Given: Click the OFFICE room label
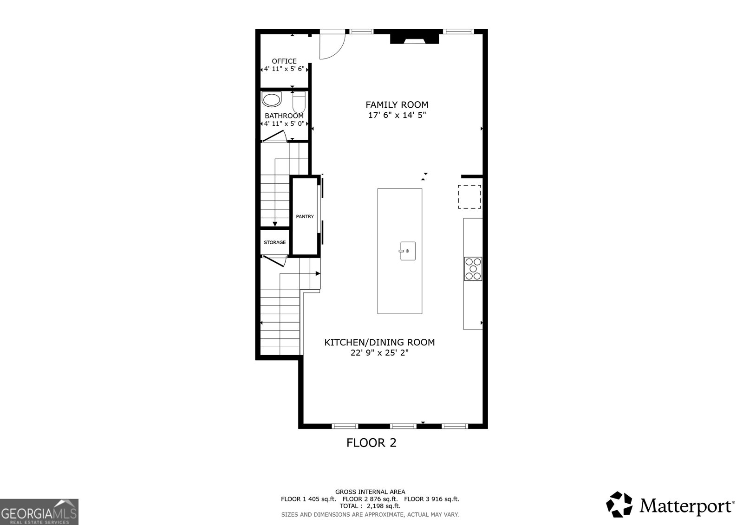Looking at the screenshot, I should click(x=284, y=61).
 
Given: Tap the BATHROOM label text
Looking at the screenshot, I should click(x=284, y=116).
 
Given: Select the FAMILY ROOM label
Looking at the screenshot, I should click(x=397, y=105).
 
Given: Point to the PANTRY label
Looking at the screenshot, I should click(x=305, y=216).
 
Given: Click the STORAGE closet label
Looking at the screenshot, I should click(x=275, y=242).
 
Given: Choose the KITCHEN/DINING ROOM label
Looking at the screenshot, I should click(x=379, y=343).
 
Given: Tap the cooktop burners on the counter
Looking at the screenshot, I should click(x=473, y=269).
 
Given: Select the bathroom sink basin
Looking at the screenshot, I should click(x=272, y=99).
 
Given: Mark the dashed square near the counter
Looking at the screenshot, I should click(x=469, y=196).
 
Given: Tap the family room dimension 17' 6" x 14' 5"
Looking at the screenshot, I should click(x=397, y=115).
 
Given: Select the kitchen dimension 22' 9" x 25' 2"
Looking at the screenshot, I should click(x=379, y=353).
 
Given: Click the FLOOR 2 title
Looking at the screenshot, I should click(x=371, y=443).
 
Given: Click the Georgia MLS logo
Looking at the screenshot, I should click(x=39, y=512).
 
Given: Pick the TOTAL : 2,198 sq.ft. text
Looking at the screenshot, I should click(x=370, y=506).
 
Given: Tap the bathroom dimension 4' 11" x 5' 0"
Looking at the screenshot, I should click(x=284, y=124).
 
